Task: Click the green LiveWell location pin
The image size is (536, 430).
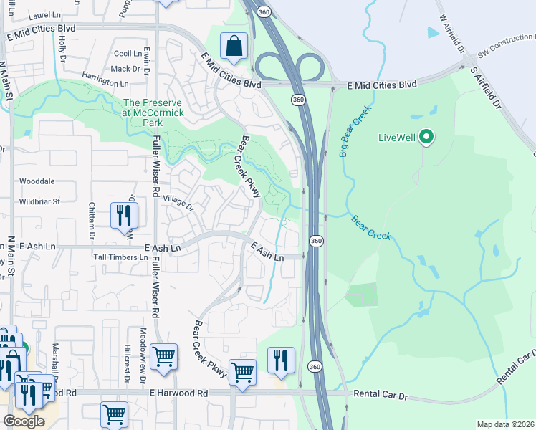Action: point(426,136)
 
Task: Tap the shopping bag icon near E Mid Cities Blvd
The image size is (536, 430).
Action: point(234,47)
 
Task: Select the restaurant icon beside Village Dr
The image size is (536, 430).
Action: point(124,214)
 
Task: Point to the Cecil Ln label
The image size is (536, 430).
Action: point(128,54)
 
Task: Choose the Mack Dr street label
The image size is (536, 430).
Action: point(125,69)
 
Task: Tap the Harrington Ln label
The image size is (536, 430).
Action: point(105,82)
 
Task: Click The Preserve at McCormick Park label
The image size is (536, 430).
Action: point(153,113)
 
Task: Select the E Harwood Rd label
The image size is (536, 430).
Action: point(178,393)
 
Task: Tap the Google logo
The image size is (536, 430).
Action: point(24,421)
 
